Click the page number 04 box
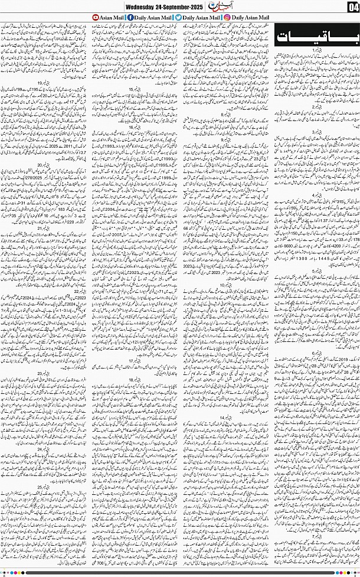353,6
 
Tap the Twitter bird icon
178,18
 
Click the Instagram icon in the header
227,18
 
